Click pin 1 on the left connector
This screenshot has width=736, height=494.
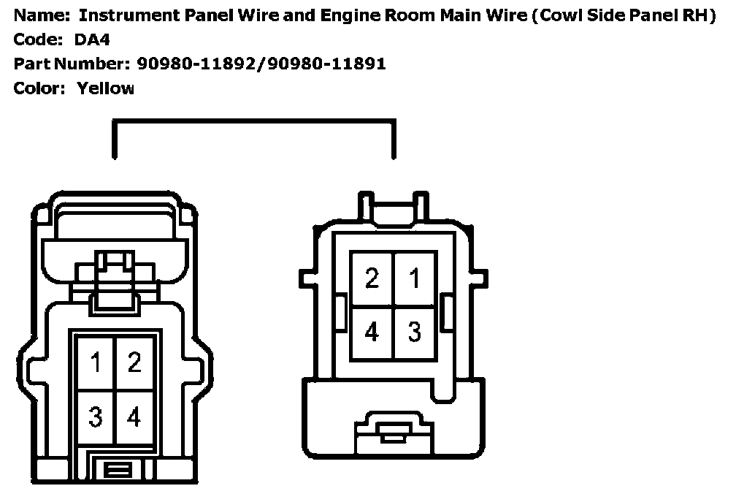pos(96,362)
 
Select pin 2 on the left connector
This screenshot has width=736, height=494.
pos(134,362)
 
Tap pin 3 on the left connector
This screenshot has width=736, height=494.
pos(96,417)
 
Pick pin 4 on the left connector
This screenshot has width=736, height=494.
pos(134,417)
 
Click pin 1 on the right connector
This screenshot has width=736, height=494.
pos(414,278)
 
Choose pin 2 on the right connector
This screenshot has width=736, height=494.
pos(372,278)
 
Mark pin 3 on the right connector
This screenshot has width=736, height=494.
pos(414,332)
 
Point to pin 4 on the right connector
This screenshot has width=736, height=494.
pos(372,332)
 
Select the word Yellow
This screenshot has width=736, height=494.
pos(105,88)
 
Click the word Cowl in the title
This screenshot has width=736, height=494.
pos(560,15)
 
